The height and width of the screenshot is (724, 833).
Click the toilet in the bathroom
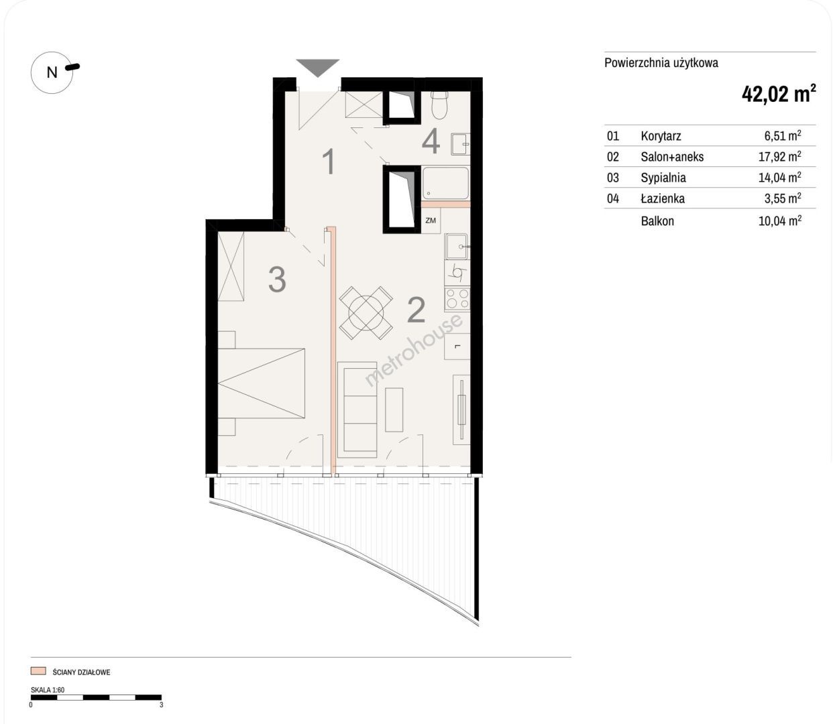point(439,105)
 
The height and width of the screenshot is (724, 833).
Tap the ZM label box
point(431,220)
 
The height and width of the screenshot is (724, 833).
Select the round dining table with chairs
point(366,313)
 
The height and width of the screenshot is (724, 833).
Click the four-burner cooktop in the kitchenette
point(457,299)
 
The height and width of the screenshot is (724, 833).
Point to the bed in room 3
point(262,383)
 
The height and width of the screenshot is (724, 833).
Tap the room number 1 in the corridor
point(329,162)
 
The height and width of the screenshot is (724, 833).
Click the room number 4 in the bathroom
point(431,141)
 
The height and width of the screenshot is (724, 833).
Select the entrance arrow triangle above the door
point(317,68)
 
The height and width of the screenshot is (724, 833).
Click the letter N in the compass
point(52,72)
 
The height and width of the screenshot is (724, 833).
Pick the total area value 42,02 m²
point(779,94)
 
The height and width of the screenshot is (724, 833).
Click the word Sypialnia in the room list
point(663,178)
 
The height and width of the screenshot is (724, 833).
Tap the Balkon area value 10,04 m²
point(780,221)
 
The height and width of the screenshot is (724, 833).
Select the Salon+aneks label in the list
point(672,157)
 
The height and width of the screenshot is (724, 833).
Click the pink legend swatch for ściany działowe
point(38,670)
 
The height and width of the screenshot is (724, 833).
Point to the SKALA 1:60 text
point(48,690)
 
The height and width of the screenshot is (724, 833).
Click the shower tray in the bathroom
point(445,183)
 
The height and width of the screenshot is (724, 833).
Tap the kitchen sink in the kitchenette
point(457,247)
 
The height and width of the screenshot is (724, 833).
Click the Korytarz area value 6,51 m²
point(783,135)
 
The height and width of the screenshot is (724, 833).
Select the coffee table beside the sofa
point(394,410)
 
